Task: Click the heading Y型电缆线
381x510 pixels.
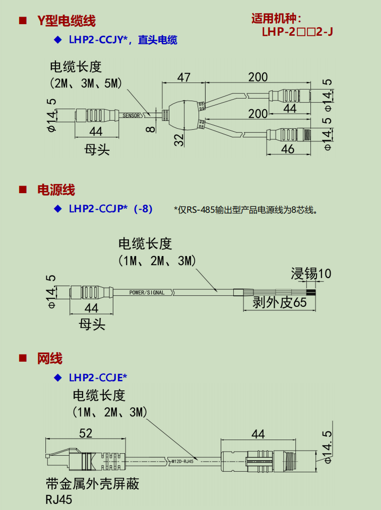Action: tap(67, 21)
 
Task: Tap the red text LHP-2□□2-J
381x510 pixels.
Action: tap(297, 32)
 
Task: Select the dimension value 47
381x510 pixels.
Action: tap(184, 77)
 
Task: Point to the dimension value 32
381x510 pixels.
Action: tap(179, 140)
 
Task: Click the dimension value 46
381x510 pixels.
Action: tap(287, 149)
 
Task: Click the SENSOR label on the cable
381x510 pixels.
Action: tap(131, 116)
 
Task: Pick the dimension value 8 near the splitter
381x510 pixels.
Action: tap(150, 129)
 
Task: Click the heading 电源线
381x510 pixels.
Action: tap(56, 190)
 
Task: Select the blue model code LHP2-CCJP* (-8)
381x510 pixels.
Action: tap(110, 209)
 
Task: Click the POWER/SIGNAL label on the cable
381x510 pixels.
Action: tap(147, 292)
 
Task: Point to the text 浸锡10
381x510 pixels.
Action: tap(311, 274)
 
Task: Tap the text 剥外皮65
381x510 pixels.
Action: tap(280, 302)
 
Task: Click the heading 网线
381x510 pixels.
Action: tap(49, 359)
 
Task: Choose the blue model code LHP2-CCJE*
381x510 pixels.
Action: tap(98, 378)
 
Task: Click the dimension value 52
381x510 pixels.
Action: tap(85, 433)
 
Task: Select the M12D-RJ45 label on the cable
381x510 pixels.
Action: tap(182, 461)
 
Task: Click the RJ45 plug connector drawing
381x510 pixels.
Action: tap(85, 460)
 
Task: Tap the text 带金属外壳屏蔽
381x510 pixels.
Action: tap(93, 484)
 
